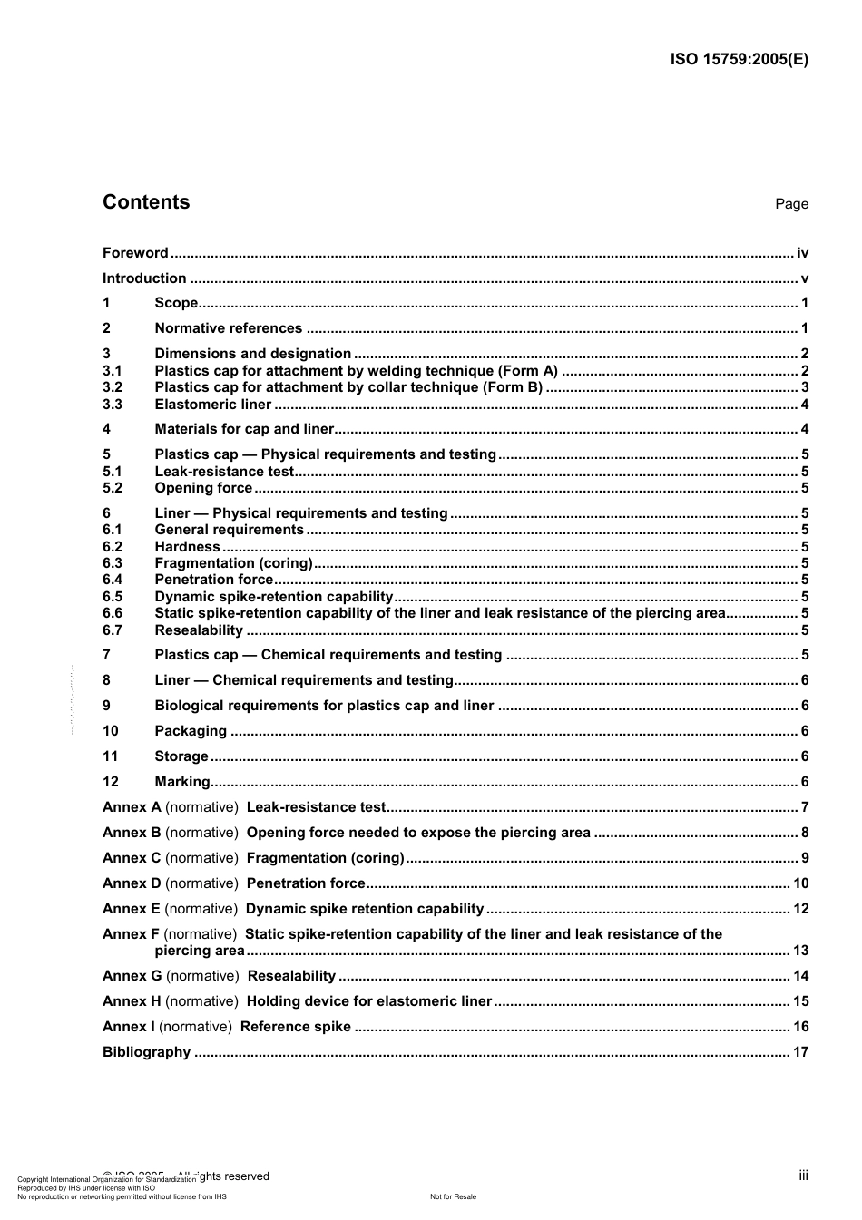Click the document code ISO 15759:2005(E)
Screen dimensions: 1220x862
coord(739,60)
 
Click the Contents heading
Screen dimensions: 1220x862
coord(146,202)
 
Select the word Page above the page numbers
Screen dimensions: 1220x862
coord(791,204)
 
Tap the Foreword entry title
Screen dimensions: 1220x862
coord(135,253)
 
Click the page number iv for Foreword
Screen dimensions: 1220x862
coord(802,253)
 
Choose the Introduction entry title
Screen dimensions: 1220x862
coord(144,278)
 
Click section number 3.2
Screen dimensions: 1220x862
coord(113,387)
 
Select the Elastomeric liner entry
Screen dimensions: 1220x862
coord(212,405)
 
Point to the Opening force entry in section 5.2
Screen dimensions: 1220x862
coord(203,488)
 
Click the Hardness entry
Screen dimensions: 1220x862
coord(187,547)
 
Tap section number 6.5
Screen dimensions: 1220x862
coord(113,597)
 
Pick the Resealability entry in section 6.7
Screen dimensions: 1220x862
coord(199,630)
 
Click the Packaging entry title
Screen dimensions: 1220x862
coord(191,731)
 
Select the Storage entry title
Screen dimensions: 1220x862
coord(181,756)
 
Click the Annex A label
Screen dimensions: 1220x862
coord(132,807)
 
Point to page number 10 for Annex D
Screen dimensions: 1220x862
coord(800,883)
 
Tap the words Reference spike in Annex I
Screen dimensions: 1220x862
coord(295,1027)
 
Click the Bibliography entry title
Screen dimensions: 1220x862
coord(146,1052)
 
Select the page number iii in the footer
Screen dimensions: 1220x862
coord(803,1176)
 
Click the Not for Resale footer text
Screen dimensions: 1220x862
coord(453,1196)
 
